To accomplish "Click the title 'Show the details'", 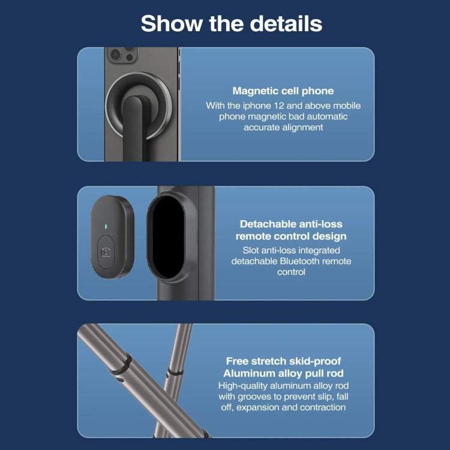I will click(x=231, y=24).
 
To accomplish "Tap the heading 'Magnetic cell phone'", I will click(x=283, y=91).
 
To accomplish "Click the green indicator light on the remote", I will click(x=106, y=227).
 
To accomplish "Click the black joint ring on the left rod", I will click(x=122, y=362).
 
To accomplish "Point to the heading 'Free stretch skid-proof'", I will click(x=283, y=361).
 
